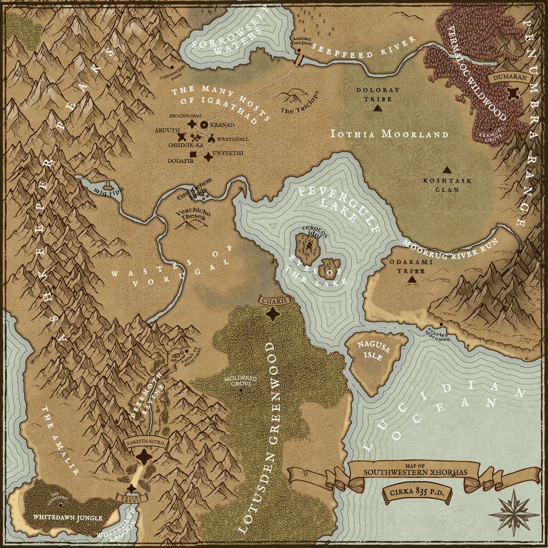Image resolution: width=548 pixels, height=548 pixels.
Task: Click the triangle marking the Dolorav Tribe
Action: click(x=378, y=108)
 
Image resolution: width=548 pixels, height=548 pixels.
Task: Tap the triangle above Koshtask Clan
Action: click(x=447, y=170)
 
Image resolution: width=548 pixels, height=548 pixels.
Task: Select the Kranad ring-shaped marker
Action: click(x=204, y=124)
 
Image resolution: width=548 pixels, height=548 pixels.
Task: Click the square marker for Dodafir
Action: click(x=193, y=154)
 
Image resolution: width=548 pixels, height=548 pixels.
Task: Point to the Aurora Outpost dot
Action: click(x=299, y=51)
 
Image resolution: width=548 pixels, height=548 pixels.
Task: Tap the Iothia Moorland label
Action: click(x=389, y=134)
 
